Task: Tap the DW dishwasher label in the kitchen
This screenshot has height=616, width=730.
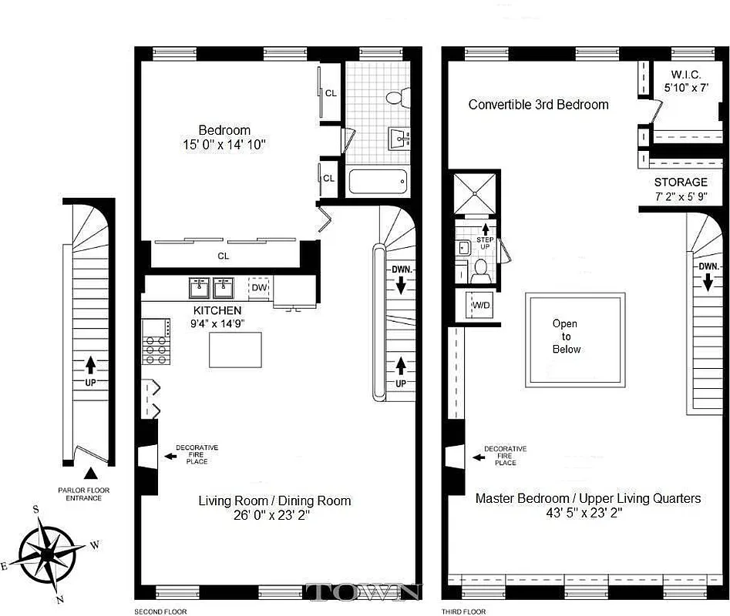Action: [260, 288]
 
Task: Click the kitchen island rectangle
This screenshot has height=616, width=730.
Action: [236, 349]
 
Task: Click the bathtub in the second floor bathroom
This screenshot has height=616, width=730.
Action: [378, 182]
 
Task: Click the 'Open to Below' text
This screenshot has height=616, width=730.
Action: [566, 336]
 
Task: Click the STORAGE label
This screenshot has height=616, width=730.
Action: [681, 182]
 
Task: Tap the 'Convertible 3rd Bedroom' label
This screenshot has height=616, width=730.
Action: [538, 105]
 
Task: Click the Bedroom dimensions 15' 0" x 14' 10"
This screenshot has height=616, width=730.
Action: [224, 145]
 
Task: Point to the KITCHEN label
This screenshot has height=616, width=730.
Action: [217, 310]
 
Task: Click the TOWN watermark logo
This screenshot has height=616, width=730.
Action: [363, 591]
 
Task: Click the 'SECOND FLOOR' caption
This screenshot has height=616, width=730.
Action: [160, 611]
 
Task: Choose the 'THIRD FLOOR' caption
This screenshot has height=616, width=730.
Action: [463, 611]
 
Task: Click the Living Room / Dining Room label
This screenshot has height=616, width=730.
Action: [274, 500]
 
